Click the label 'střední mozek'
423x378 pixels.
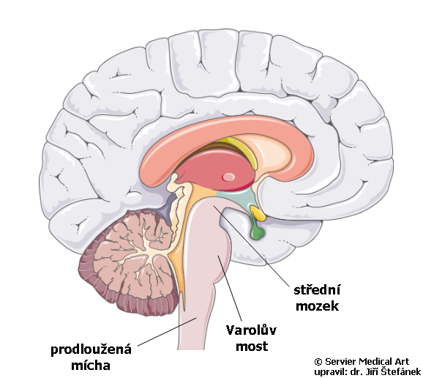tap(318, 298)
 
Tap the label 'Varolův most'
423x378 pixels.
tap(252, 338)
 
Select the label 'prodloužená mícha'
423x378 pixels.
tap(91, 357)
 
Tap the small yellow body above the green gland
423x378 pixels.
tap(258, 212)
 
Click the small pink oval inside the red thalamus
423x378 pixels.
tap(228, 177)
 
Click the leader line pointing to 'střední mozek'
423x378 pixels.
tap(252, 245)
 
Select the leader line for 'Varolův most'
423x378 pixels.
tap(230, 289)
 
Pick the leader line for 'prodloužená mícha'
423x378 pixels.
tap(168, 332)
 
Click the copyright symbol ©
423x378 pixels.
tap(318, 362)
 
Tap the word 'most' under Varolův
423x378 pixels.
tap(252, 346)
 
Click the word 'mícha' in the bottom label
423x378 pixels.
tap(91, 366)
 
